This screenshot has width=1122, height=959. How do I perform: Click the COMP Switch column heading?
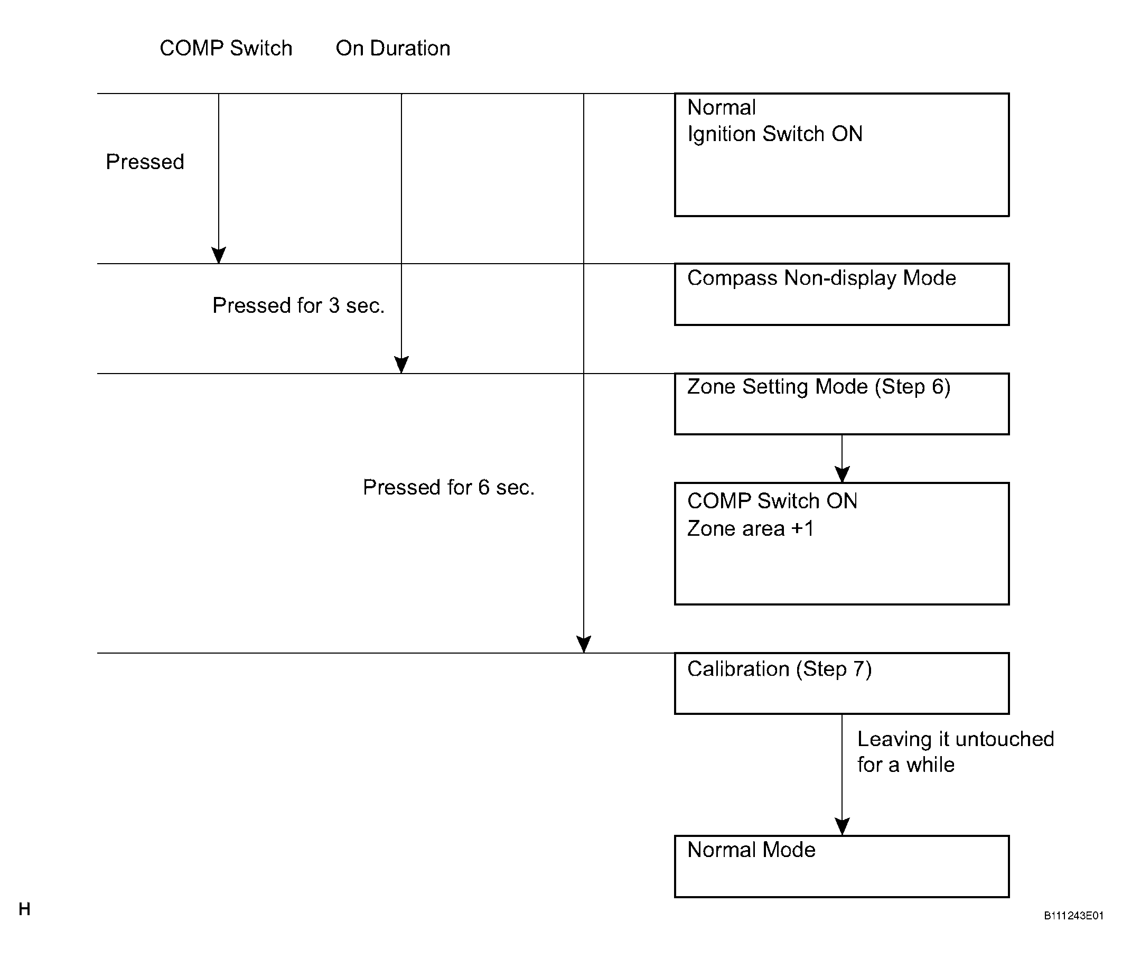(x=226, y=48)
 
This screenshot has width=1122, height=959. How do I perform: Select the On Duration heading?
(x=392, y=48)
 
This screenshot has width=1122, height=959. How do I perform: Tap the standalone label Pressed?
(x=145, y=161)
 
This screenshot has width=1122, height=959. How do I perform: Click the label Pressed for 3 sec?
(x=298, y=305)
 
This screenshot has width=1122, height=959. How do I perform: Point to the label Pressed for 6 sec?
(x=449, y=487)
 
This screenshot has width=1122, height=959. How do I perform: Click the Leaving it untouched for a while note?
(x=956, y=751)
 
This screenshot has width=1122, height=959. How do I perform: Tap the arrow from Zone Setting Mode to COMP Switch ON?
(x=842, y=459)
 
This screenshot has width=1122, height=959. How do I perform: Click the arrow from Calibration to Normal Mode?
(x=842, y=775)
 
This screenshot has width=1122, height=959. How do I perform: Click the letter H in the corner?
(x=24, y=909)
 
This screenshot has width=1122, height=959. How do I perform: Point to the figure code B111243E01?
(x=1074, y=916)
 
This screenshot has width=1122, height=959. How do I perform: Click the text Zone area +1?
(x=751, y=528)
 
